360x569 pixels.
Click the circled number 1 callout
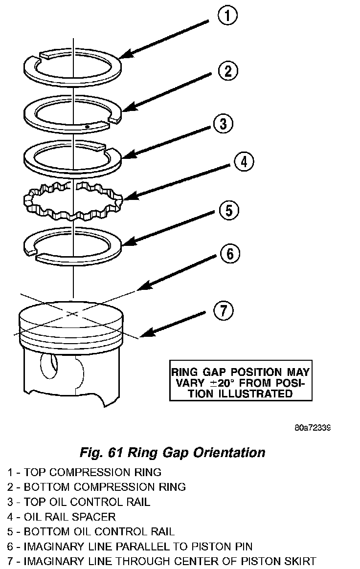(225, 17)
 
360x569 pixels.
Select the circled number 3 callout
(223, 124)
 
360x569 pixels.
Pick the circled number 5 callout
(228, 211)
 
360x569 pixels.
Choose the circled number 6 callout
(230, 254)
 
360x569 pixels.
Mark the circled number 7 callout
(223, 311)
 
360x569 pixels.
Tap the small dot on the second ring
(86, 126)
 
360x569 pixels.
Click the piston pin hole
(49, 367)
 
